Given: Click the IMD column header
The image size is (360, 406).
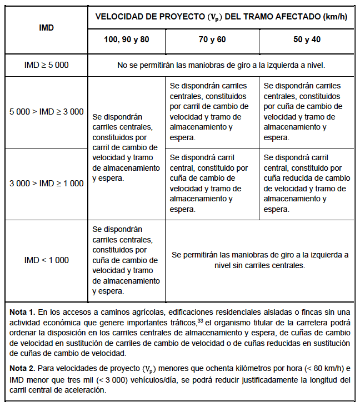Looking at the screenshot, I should [x=47, y=28].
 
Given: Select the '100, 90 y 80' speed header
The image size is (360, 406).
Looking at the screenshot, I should [x=127, y=40].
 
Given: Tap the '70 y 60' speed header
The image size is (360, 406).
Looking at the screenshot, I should [x=212, y=40].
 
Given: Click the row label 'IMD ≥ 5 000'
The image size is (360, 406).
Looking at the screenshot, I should [x=47, y=65].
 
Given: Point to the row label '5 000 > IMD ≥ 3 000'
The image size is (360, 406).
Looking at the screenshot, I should [x=47, y=112].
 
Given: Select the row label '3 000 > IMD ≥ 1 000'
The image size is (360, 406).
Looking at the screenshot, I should [x=47, y=184].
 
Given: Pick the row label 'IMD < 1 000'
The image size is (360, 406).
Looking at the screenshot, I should [x=47, y=260].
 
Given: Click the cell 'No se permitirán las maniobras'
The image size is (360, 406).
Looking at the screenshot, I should [x=221, y=65].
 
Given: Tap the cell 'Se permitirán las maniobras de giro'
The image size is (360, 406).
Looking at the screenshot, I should [x=260, y=260].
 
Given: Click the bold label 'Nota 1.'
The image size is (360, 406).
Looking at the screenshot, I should [x=22, y=313].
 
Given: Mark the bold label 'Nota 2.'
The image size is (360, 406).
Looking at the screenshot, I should [x=22, y=369].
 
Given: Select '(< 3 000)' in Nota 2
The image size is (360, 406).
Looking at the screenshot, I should [x=121, y=380].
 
